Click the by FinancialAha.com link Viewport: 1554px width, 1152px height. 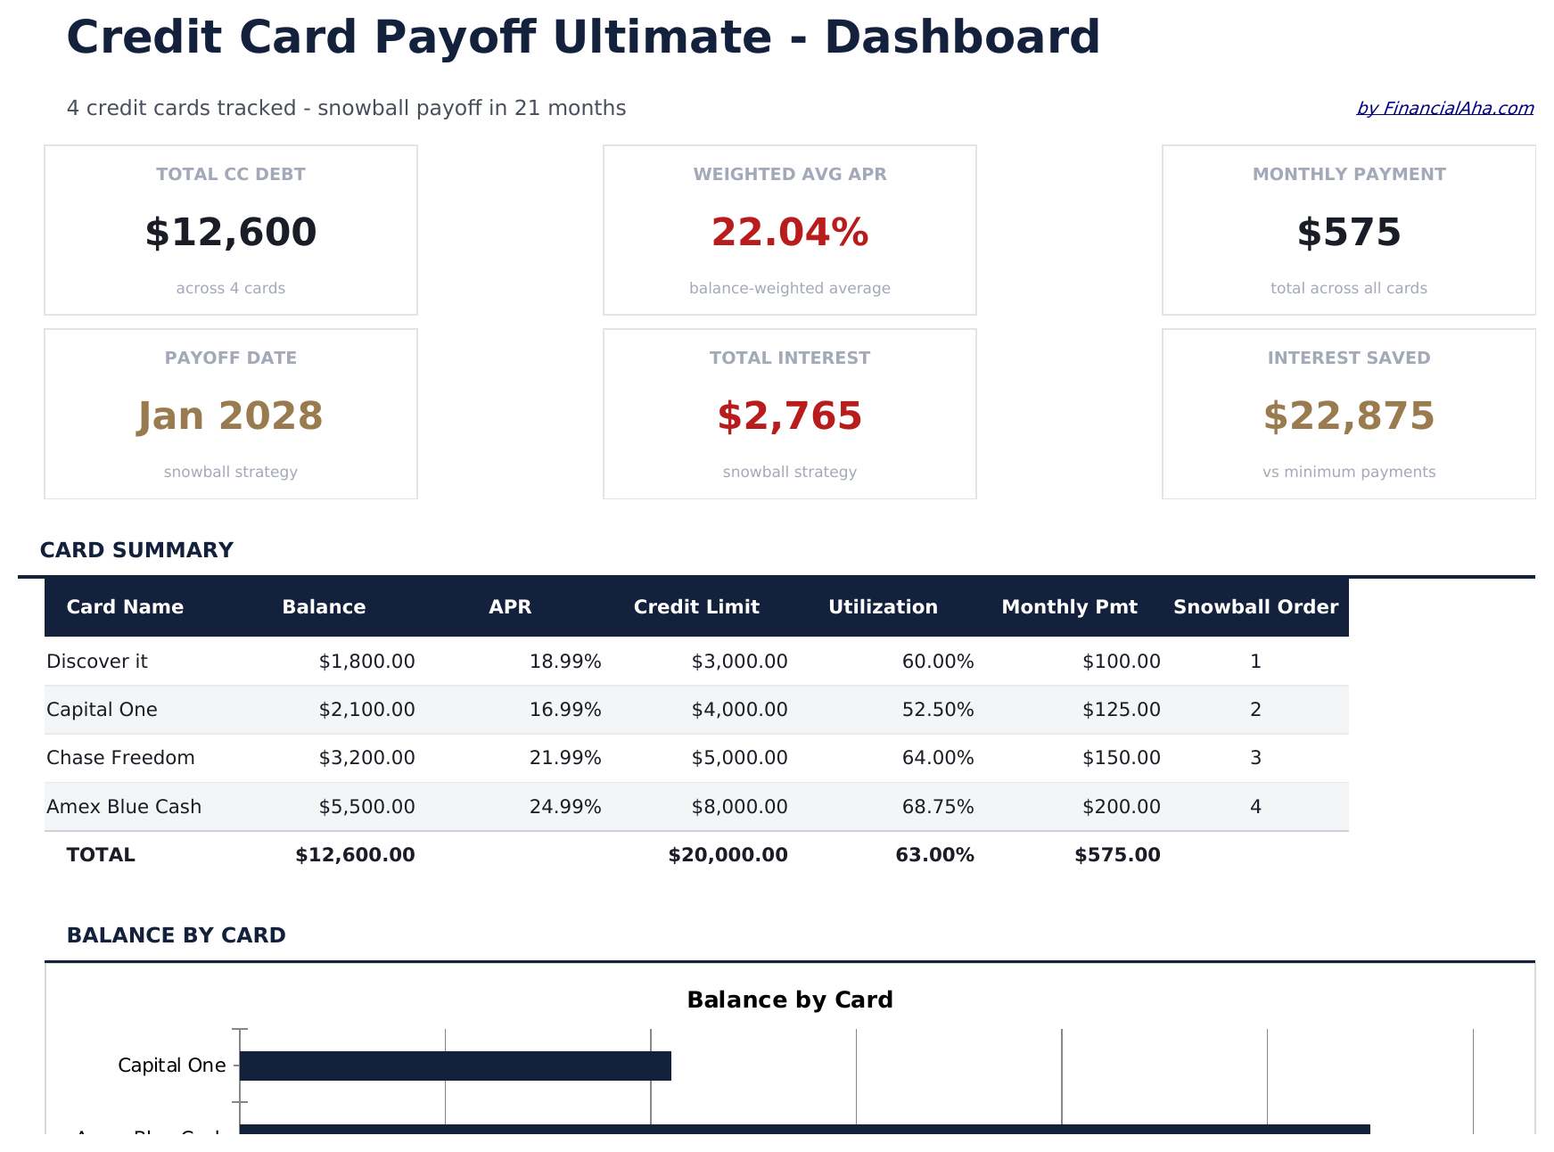click(x=1444, y=109)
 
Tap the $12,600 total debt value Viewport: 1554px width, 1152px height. click(x=231, y=233)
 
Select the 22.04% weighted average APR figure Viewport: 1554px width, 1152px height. click(x=789, y=233)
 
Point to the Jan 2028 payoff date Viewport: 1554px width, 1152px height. click(x=231, y=416)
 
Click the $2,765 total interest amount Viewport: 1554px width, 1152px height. click(x=789, y=416)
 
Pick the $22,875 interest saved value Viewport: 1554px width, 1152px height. click(x=1348, y=416)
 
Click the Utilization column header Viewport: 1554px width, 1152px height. click(x=883, y=607)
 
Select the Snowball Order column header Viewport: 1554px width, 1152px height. click(x=1255, y=607)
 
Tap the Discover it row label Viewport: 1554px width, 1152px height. click(x=97, y=662)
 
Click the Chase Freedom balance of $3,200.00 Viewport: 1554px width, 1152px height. click(x=366, y=758)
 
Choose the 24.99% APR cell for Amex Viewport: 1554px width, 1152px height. click(x=565, y=807)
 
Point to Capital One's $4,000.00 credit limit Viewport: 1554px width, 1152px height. click(x=739, y=710)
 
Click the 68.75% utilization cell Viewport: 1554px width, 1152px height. click(x=938, y=807)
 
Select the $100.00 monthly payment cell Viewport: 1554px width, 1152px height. click(x=1121, y=662)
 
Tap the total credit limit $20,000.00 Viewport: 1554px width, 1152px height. click(x=728, y=855)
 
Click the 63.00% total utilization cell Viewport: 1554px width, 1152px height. click(x=934, y=855)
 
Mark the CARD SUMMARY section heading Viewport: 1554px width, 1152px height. click(x=136, y=550)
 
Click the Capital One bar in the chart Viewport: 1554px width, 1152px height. click(x=455, y=1066)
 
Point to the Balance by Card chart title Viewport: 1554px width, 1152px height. click(x=789, y=1000)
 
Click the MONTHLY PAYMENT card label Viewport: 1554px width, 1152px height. click(x=1348, y=175)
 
